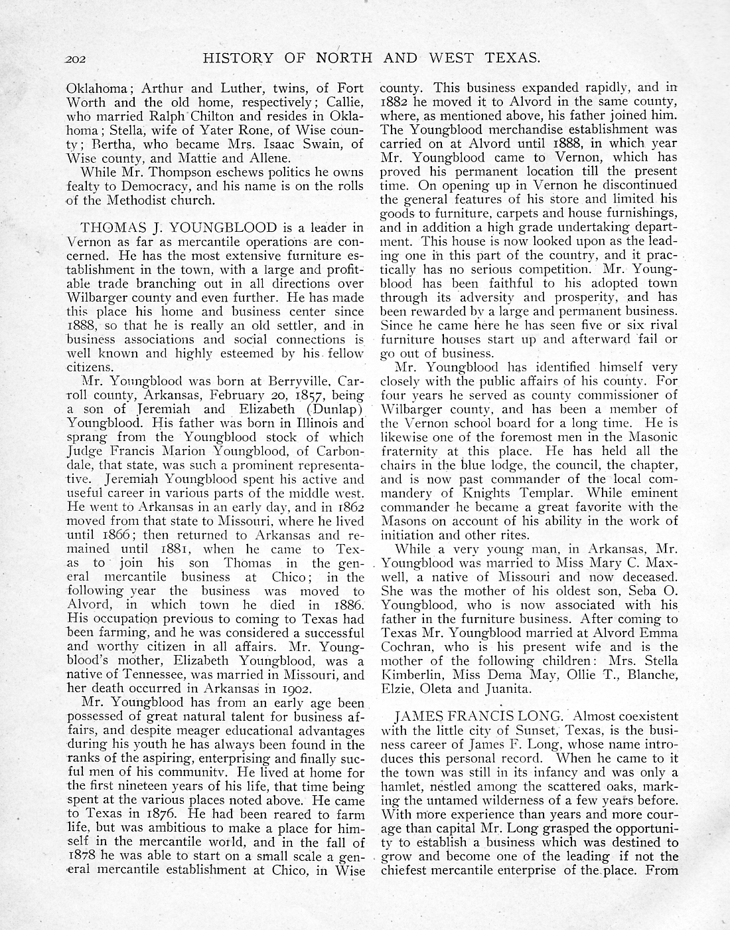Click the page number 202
click(78, 60)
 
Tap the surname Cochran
click(405, 647)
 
